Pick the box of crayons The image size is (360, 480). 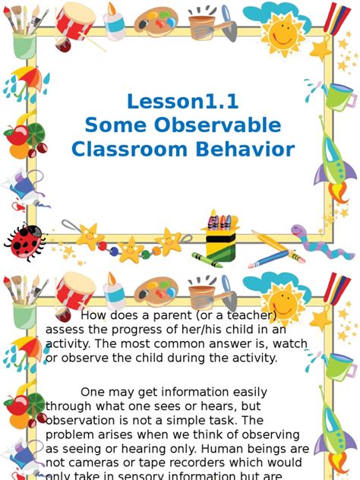[221, 235]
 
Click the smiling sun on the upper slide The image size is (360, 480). [283, 32]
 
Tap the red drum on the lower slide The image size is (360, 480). [75, 292]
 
